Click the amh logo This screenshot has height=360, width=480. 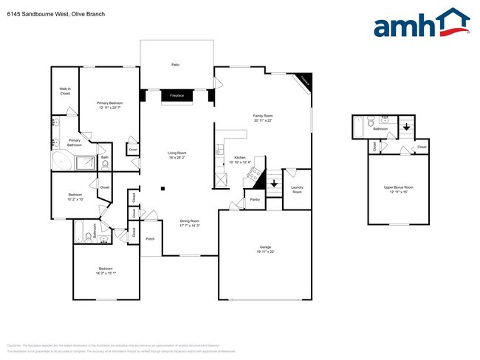[x=421, y=24]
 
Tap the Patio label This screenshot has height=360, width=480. [x=176, y=66]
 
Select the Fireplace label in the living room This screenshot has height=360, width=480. [x=176, y=96]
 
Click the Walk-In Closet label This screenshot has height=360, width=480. [x=65, y=91]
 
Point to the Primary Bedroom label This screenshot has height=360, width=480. [x=109, y=103]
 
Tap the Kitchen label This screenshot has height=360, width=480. [x=240, y=157]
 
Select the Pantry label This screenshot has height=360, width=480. [x=255, y=199]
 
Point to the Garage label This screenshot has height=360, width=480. [x=265, y=246]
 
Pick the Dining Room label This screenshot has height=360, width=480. [x=190, y=221]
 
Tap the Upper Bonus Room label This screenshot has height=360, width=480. [x=399, y=187]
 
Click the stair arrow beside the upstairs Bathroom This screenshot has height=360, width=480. [x=405, y=125]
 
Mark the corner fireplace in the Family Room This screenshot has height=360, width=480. [x=304, y=82]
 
